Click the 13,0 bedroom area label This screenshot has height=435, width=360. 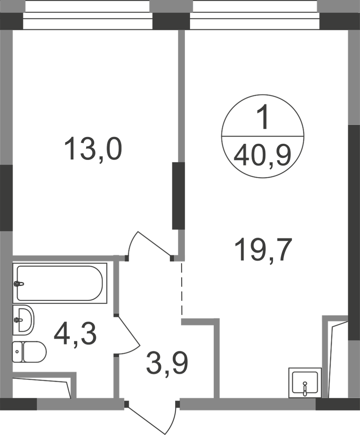93,148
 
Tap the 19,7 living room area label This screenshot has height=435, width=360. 263,250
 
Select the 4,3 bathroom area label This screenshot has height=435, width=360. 75,334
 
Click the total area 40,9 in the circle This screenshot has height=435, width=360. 263,155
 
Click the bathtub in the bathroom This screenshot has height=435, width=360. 60,283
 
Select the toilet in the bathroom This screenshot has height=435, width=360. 29,352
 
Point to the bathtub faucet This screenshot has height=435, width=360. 19,284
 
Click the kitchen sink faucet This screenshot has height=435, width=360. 305,388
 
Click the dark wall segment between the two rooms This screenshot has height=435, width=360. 178,196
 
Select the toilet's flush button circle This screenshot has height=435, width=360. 17,352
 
